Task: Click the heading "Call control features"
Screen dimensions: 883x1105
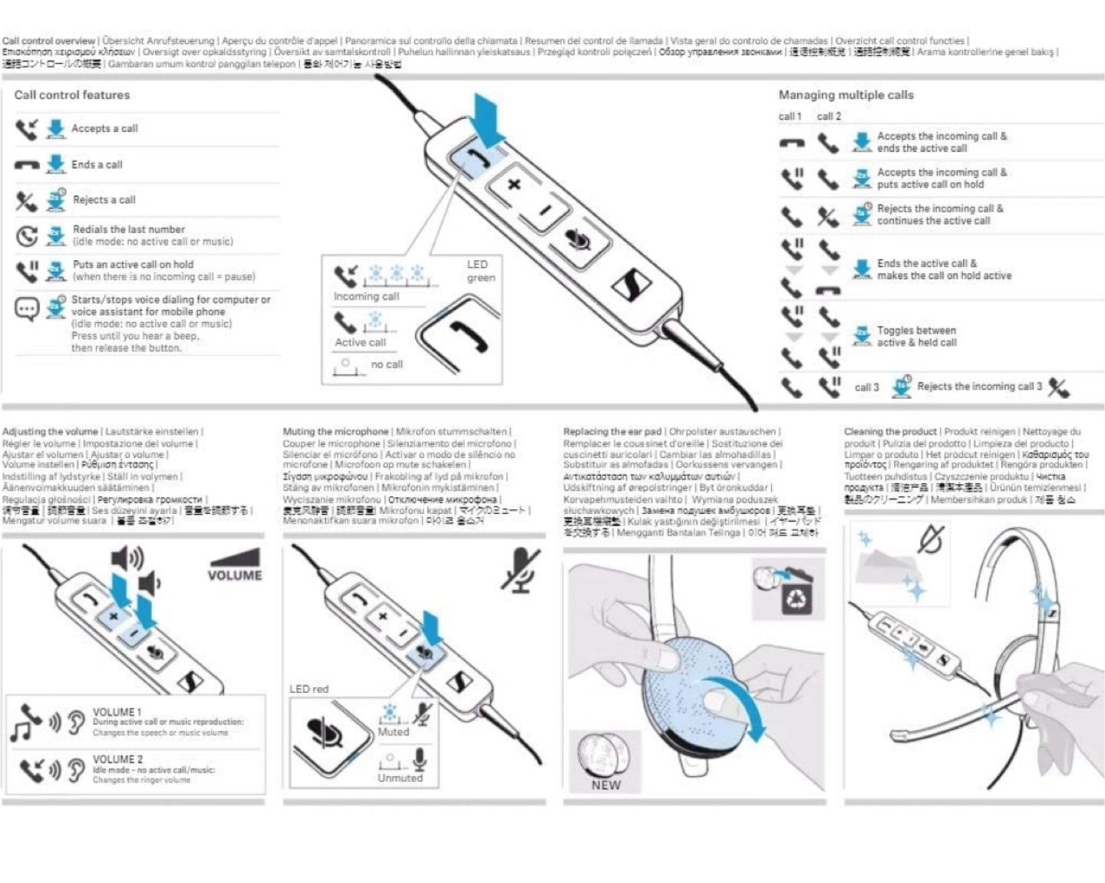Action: click(x=72, y=95)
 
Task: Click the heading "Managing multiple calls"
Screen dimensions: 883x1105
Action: click(x=846, y=95)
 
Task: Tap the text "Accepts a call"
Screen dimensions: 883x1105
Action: click(x=104, y=129)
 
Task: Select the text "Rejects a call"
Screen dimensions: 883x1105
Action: click(x=104, y=200)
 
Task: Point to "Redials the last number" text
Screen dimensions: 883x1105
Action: click(x=129, y=229)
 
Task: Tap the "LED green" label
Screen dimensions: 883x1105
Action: click(x=480, y=271)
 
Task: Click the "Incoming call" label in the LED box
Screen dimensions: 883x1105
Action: click(x=366, y=297)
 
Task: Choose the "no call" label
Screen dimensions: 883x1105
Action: click(x=387, y=364)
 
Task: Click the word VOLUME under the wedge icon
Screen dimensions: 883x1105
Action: click(x=235, y=575)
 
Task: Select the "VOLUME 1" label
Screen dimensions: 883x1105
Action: click(x=117, y=712)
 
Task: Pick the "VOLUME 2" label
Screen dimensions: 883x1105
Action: click(x=117, y=759)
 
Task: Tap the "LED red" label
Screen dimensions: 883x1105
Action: click(x=308, y=689)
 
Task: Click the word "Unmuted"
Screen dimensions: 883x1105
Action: click(x=400, y=778)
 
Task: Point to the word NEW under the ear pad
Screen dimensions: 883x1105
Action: click(x=605, y=785)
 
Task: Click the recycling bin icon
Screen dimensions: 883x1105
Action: click(x=796, y=598)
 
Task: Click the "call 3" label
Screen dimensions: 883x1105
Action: click(x=866, y=387)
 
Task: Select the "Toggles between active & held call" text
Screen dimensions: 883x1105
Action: click(x=916, y=337)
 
